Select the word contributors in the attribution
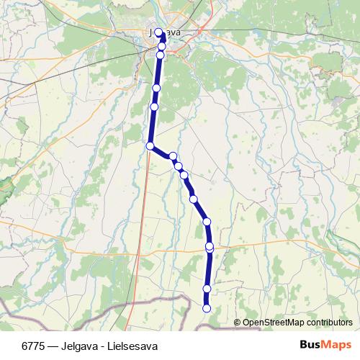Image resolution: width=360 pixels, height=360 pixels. [x=329, y=323]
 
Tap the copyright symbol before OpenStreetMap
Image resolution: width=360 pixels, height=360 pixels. [x=237, y=323]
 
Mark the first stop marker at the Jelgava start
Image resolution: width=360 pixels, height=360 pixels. [x=158, y=32]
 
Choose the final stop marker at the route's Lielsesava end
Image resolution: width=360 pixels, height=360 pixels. [x=207, y=309]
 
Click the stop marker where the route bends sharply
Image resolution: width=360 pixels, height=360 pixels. [x=150, y=146]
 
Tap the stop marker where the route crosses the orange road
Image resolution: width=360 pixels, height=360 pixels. [x=210, y=247]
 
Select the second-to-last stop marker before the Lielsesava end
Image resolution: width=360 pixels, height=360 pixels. [x=207, y=289]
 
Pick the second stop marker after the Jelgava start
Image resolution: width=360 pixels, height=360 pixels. [x=161, y=46]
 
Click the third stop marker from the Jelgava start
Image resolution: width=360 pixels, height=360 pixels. [x=161, y=55]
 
